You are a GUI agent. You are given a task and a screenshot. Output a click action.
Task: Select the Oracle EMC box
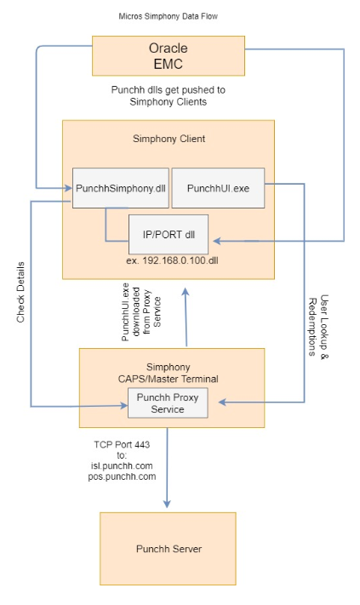click(x=168, y=55)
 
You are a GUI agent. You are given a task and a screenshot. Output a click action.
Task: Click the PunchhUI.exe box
click(x=218, y=187)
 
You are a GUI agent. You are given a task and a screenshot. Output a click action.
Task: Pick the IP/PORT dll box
click(x=168, y=232)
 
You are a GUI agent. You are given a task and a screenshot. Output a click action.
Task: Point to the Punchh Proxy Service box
click(x=168, y=402)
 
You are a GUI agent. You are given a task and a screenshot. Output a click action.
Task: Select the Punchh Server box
click(x=168, y=548)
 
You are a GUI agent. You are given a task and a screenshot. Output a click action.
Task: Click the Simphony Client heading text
click(x=169, y=139)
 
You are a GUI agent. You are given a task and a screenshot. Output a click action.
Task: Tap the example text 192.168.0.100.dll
click(x=168, y=262)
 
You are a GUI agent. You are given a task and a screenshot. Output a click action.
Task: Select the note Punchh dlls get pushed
click(x=168, y=95)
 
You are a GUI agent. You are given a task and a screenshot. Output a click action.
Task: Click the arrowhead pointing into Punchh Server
click(x=168, y=506)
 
